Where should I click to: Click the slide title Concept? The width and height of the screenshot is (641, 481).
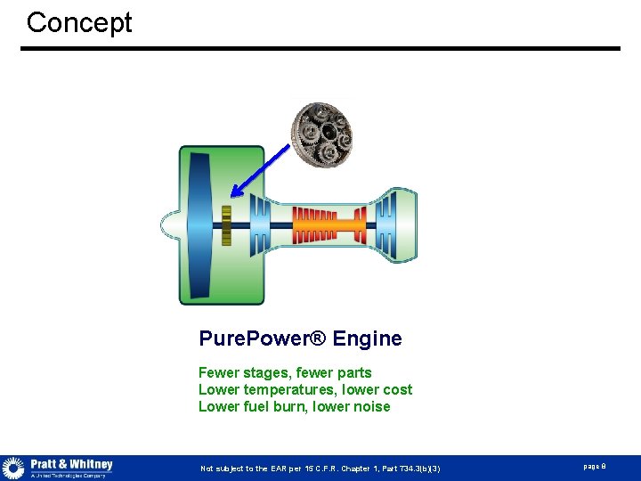[79, 22]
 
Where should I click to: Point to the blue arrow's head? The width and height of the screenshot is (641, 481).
[233, 193]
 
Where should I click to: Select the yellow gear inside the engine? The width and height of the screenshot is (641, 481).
[226, 225]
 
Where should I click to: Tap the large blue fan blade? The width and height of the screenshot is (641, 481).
[199, 225]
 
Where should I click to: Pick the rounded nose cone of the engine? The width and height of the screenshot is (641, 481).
[169, 225]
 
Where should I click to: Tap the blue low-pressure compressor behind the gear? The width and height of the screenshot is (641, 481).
[259, 225]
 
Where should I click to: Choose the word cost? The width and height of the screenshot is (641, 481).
[397, 389]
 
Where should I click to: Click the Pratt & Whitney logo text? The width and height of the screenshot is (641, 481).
[71, 465]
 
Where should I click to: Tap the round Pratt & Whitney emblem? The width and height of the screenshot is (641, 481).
[13, 468]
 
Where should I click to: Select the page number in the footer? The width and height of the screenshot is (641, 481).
[594, 467]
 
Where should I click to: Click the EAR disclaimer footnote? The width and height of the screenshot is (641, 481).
[320, 469]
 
